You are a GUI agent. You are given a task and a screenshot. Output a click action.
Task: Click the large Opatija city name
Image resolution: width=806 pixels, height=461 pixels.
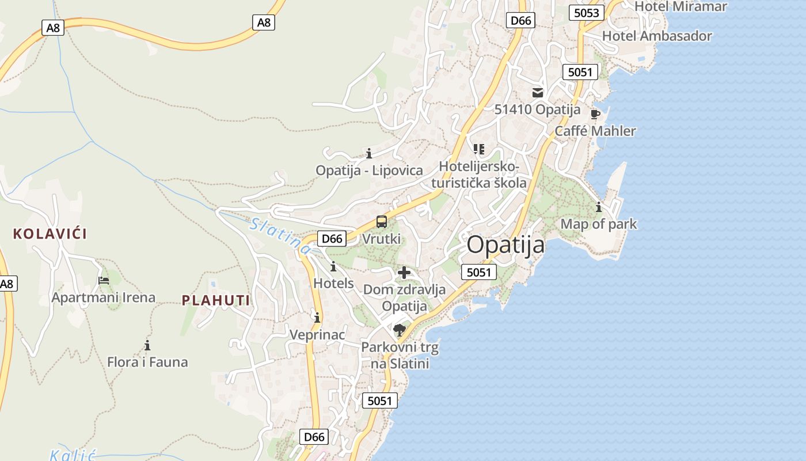click(505, 245)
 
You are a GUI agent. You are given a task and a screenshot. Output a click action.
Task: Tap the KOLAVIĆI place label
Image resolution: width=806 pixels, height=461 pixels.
click(50, 234)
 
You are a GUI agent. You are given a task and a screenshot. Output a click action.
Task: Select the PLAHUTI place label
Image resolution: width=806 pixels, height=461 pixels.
click(216, 300)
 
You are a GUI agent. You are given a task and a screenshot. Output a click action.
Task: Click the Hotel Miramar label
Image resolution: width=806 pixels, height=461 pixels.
click(680, 7)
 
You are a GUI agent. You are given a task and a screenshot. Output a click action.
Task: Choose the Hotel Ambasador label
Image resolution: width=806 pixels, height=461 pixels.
click(657, 36)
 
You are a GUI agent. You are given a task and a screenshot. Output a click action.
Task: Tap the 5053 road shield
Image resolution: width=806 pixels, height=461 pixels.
click(587, 13)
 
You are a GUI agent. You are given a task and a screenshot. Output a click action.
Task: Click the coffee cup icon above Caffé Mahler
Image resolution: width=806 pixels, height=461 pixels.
click(595, 114)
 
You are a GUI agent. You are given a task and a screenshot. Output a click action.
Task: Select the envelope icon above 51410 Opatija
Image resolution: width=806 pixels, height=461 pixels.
click(538, 92)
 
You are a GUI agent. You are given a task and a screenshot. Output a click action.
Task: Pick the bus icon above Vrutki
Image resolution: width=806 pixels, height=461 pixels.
click(381, 221)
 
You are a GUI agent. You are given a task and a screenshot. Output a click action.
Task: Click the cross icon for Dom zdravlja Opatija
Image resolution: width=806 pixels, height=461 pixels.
click(404, 273)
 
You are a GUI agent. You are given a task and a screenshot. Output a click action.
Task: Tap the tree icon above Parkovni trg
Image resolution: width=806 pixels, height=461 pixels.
click(400, 330)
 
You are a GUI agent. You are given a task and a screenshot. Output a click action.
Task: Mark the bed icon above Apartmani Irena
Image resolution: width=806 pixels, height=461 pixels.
click(104, 281)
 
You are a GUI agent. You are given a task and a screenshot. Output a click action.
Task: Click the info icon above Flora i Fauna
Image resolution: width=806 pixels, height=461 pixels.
click(147, 345)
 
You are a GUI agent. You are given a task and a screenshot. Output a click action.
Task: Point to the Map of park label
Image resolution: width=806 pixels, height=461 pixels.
click(599, 224)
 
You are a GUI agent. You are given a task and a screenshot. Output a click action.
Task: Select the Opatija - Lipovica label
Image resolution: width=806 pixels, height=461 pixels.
click(369, 171)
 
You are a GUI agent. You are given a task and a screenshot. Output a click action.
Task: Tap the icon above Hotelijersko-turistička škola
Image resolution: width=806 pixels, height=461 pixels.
click(479, 149)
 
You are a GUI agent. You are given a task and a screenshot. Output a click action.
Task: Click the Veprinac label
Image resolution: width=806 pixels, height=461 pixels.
click(317, 335)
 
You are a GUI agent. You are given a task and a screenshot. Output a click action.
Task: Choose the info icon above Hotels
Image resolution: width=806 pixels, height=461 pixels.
click(333, 266)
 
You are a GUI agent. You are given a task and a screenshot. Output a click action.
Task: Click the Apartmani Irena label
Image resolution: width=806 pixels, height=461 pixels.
click(104, 298)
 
